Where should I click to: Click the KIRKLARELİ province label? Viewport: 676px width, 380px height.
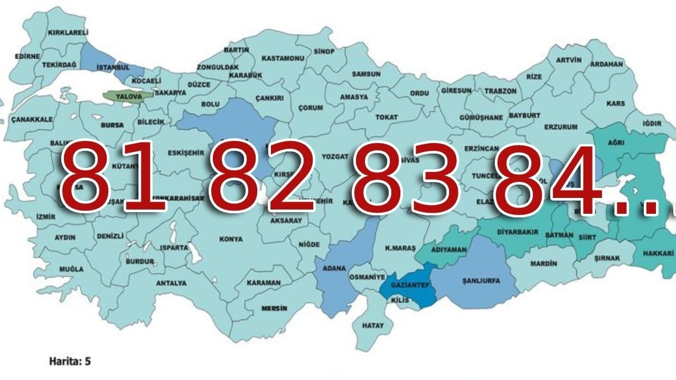(68, 33)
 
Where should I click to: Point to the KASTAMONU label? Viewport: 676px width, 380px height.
(283, 58)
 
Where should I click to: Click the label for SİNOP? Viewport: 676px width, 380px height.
(324, 51)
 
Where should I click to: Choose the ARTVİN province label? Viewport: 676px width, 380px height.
(568, 60)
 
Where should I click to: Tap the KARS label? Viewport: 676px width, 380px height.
(615, 103)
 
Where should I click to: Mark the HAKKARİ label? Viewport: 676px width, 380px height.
(658, 254)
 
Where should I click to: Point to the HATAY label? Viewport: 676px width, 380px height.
(373, 326)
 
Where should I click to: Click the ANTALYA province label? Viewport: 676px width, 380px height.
(171, 283)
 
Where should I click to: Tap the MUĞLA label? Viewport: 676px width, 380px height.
(71, 269)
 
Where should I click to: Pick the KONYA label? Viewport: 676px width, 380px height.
(231, 239)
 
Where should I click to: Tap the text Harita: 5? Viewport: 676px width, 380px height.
(70, 362)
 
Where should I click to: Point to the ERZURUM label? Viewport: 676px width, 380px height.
(560, 127)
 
